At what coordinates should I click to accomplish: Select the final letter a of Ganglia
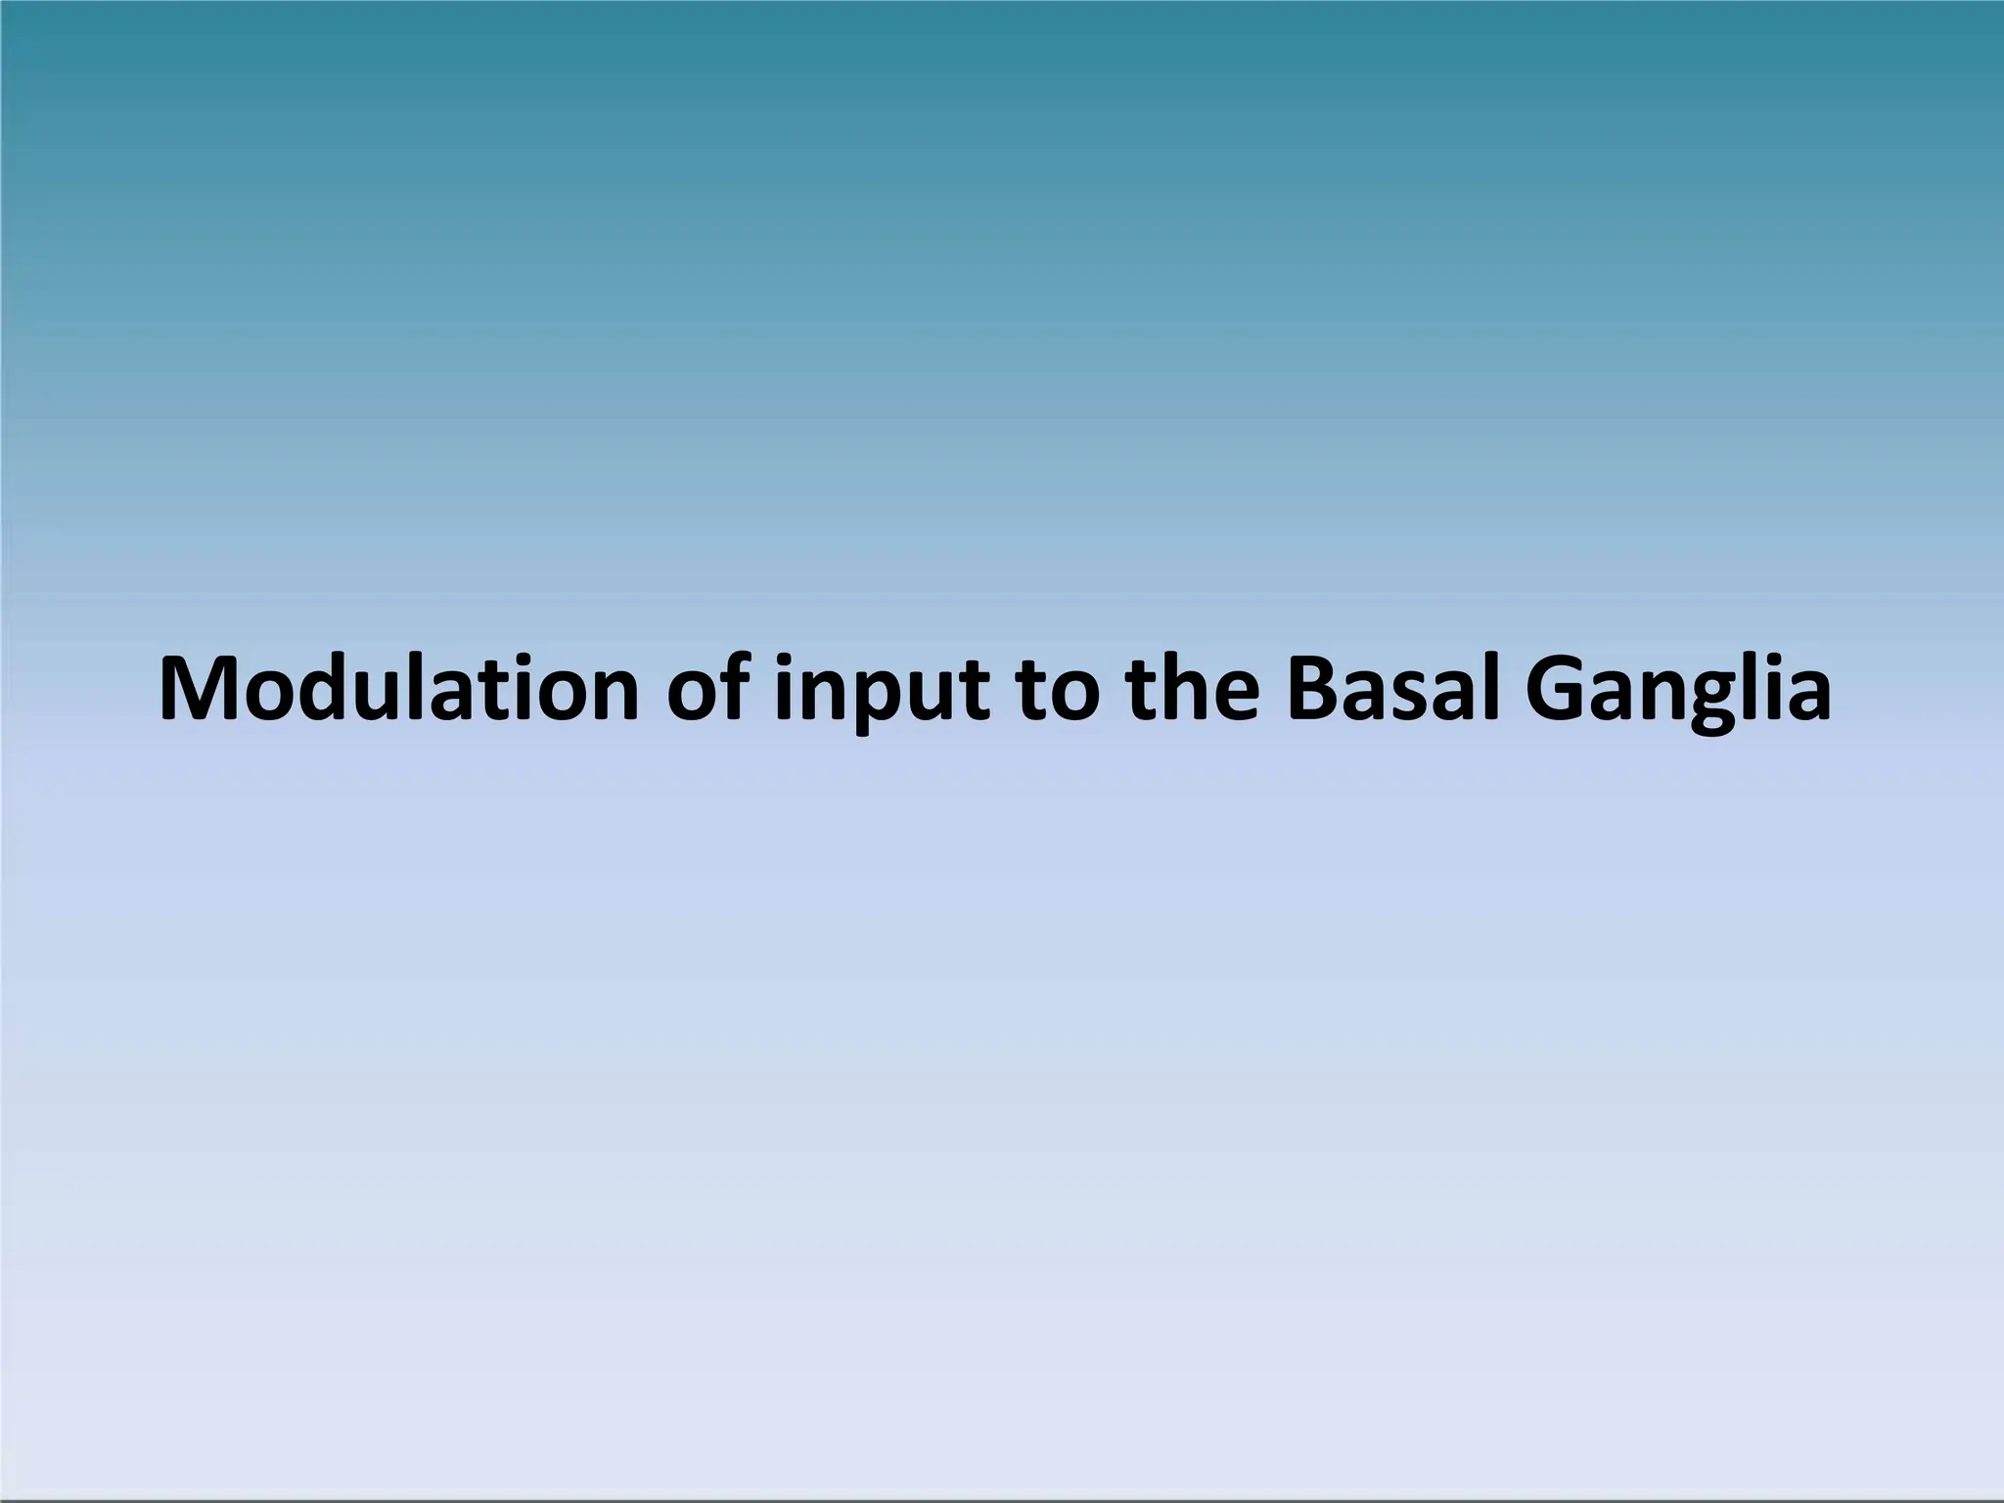click(x=1806, y=696)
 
